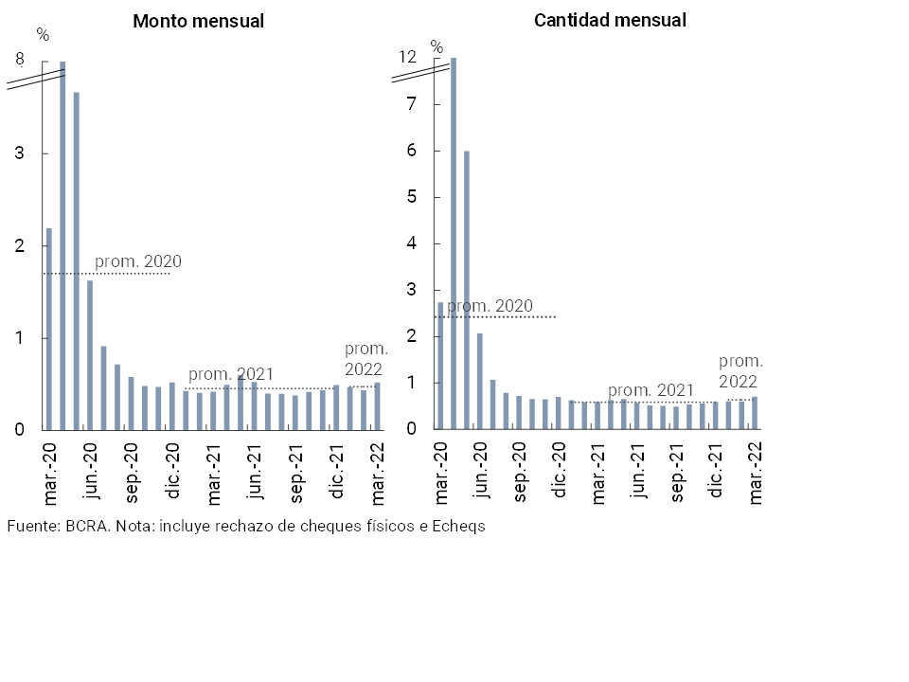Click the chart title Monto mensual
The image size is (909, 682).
point(198,21)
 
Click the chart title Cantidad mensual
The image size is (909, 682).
point(610,20)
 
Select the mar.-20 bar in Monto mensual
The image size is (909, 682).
point(49,329)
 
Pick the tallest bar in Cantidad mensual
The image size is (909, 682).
point(454,242)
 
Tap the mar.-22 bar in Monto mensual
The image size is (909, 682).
point(377,406)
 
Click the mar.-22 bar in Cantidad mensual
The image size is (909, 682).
point(755,412)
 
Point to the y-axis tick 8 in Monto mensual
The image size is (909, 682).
point(20,60)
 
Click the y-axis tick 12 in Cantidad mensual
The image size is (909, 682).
point(407,58)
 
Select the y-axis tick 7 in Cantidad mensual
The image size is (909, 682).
point(412,104)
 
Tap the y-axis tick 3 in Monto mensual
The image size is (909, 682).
point(20,153)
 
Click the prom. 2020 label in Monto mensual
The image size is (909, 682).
point(137,261)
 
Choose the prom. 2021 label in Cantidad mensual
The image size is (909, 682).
point(651,390)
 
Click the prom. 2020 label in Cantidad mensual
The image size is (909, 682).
point(490,306)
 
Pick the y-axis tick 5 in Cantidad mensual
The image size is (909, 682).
point(412,197)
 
